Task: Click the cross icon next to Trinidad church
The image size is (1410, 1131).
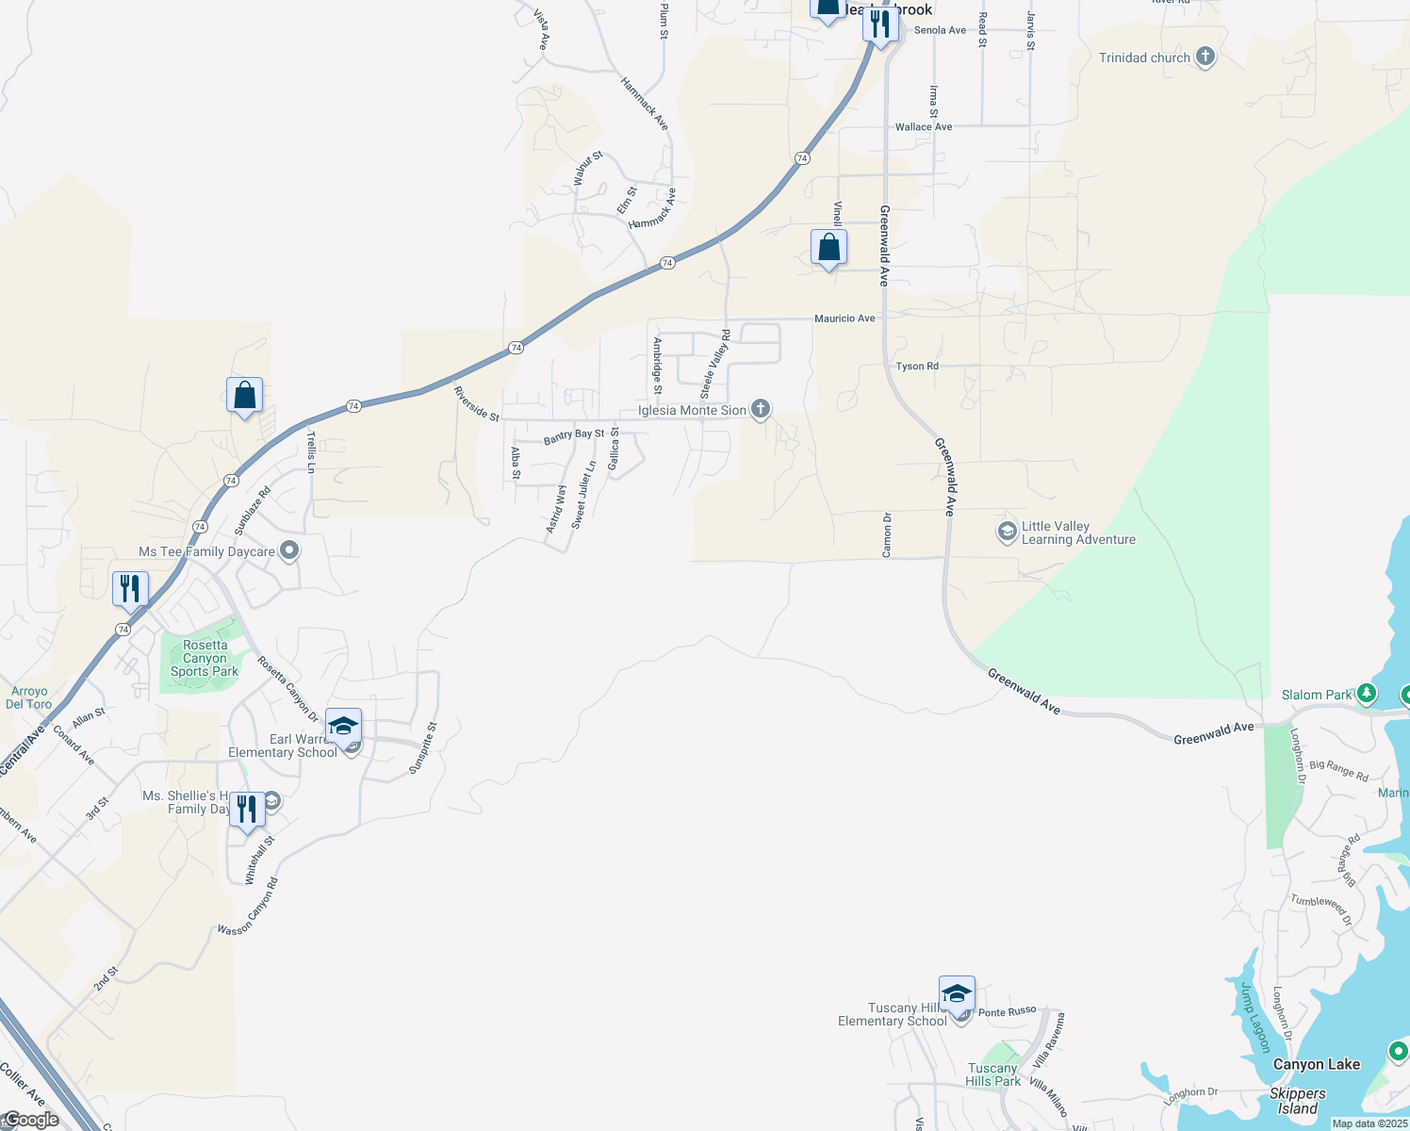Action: click(1205, 57)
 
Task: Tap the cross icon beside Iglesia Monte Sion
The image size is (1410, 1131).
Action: click(761, 410)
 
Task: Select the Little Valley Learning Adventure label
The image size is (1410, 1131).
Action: click(1078, 533)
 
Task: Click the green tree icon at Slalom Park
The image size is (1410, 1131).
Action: click(1366, 695)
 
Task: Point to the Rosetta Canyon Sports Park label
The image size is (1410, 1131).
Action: click(205, 659)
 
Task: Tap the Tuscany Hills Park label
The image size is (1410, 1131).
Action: click(992, 1075)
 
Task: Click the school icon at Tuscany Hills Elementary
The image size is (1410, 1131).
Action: click(957, 995)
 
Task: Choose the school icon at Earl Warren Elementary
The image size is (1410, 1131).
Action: click(343, 727)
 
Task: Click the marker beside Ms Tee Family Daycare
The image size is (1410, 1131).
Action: click(289, 551)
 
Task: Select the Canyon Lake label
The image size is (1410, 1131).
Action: click(1316, 1065)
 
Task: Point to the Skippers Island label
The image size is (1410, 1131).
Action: click(1297, 1101)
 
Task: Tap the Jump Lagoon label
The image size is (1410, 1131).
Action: click(1254, 1018)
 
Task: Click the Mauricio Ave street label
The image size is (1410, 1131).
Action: click(844, 319)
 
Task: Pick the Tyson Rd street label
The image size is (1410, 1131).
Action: click(917, 367)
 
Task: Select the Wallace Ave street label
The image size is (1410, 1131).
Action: click(923, 127)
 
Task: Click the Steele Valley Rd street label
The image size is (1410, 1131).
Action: click(715, 363)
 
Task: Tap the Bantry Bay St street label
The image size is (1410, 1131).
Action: click(574, 436)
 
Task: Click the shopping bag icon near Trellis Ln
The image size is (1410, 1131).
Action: click(244, 396)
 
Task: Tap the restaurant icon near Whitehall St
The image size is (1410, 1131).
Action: click(246, 810)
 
